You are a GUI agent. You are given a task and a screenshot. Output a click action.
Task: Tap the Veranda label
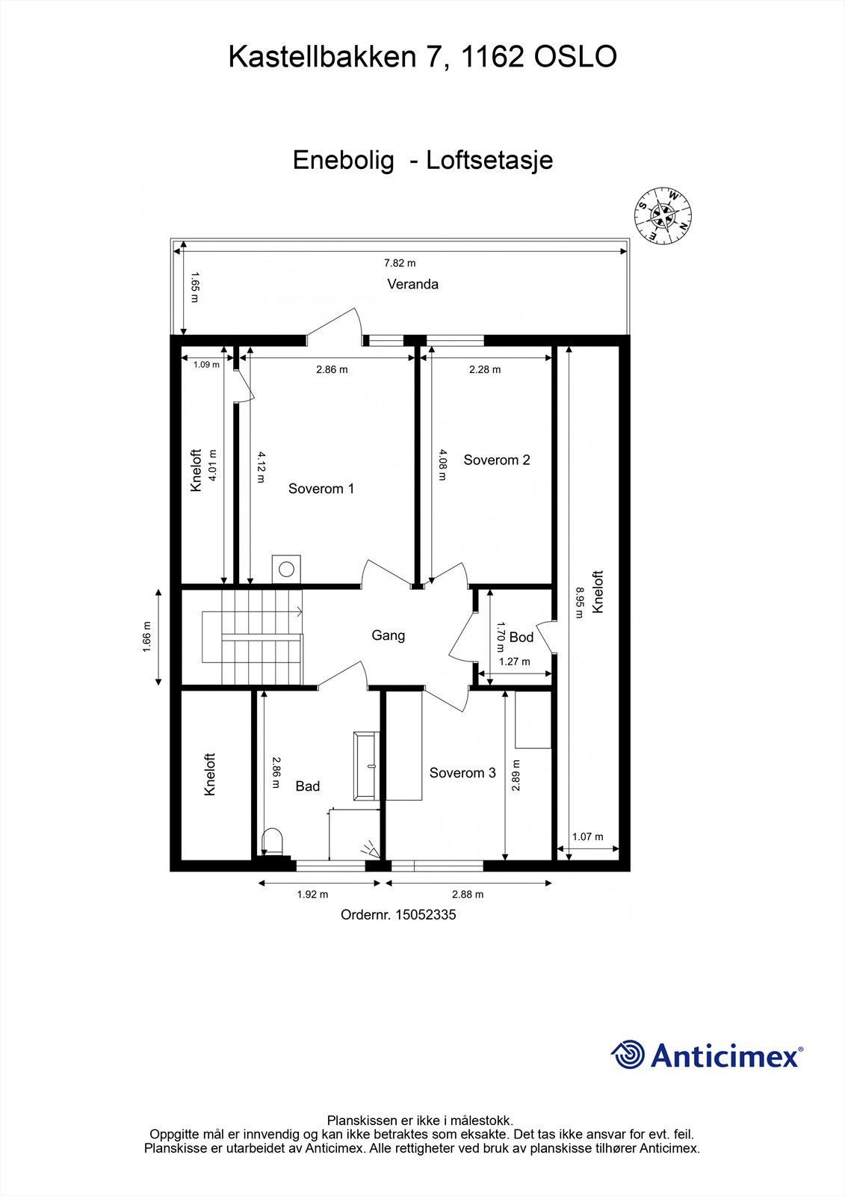(412, 284)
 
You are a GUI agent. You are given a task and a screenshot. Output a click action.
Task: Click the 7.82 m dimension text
(400, 263)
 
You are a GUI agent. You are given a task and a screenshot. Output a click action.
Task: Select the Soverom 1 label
(321, 489)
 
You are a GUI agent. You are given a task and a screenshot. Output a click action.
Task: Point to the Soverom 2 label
(497, 460)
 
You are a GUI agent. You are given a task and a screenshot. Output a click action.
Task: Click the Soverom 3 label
(462, 773)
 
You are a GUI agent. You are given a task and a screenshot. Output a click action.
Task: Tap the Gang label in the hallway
(389, 635)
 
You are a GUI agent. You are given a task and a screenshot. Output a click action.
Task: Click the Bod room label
(521, 637)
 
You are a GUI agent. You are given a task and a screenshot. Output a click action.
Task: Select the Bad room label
(308, 786)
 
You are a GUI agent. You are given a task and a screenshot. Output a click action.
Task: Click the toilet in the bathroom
(273, 840)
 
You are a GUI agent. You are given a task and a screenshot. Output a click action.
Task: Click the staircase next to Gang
(254, 636)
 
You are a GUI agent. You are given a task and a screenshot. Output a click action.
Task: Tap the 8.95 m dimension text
(579, 602)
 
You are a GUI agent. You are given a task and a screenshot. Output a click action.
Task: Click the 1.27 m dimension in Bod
(515, 662)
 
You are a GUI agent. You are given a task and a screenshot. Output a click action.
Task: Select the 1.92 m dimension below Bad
(312, 894)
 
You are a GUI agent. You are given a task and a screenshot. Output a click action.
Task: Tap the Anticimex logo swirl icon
(628, 1055)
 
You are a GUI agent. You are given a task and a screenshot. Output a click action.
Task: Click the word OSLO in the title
(575, 57)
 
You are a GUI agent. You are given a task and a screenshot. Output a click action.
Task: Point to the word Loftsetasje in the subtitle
(489, 160)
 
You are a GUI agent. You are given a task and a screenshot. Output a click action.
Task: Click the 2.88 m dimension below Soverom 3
(468, 894)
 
